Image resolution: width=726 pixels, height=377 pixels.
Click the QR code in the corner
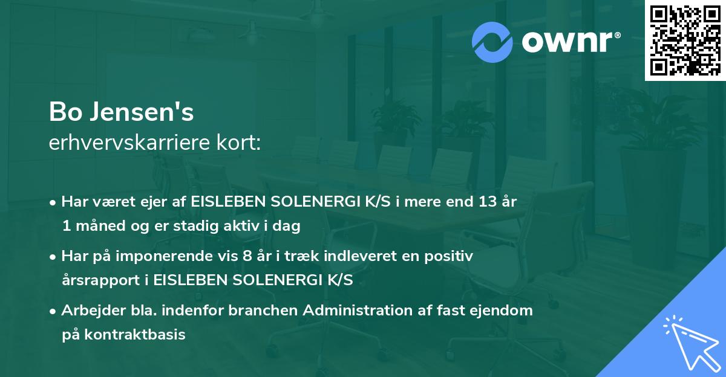point(685,40)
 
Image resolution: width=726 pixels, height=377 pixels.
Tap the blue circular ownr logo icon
point(492,42)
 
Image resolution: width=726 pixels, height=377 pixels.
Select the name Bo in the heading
point(64,112)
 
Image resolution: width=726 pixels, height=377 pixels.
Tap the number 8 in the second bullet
point(247,256)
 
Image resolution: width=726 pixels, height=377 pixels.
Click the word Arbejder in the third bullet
point(88,311)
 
